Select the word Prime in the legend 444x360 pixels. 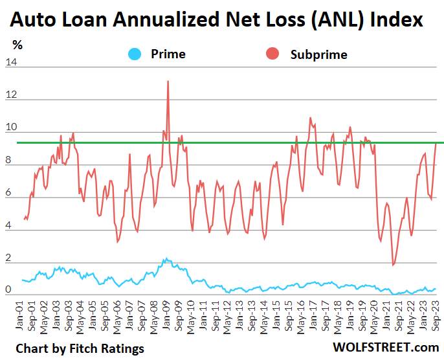coord(168,54)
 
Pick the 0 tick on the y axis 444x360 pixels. coord(8,291)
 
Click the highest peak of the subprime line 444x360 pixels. coord(168,81)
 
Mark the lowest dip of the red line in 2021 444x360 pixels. coord(393,264)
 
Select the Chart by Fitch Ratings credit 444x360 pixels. coord(80,348)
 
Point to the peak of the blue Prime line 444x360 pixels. coord(165,258)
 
